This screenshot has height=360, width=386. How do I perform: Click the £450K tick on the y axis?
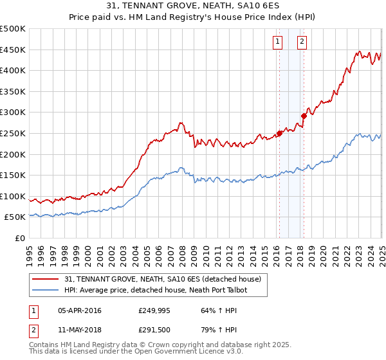click(x=13, y=50)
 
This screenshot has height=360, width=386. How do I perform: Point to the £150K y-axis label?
click(x=13, y=175)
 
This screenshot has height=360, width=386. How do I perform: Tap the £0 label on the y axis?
click(x=20, y=238)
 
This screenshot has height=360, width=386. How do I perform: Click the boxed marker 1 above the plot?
click(x=277, y=42)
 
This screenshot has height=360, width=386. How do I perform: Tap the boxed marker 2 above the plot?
click(x=302, y=42)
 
